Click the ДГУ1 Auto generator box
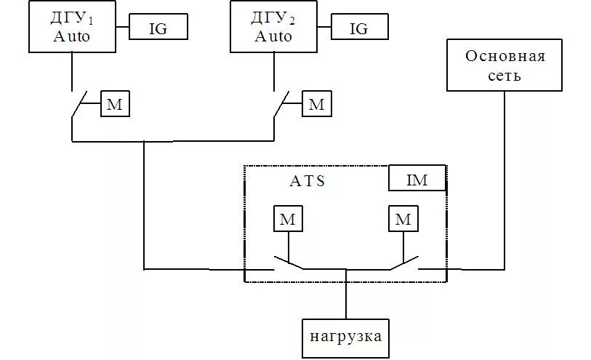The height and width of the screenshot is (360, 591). click(x=72, y=28)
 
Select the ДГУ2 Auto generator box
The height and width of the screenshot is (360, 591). click(x=273, y=28)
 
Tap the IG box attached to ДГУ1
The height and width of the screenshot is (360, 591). click(x=158, y=28)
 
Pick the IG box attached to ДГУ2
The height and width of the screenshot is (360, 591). click(x=359, y=28)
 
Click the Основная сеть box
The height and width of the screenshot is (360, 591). click(x=504, y=65)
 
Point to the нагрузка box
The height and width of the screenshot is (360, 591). click(x=345, y=337)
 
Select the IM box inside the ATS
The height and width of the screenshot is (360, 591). click(x=417, y=178)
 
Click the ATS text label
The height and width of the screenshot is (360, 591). click(x=307, y=182)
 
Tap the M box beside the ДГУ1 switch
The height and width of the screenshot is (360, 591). click(x=115, y=104)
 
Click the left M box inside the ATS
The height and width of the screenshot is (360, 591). click(x=288, y=219)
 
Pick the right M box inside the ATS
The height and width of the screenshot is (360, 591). click(x=403, y=219)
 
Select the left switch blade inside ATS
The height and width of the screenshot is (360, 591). click(x=289, y=263)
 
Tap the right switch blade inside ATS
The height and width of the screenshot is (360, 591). click(x=404, y=263)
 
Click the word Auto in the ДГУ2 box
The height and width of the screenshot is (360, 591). click(x=273, y=36)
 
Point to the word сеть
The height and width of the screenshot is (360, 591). click(x=504, y=75)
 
